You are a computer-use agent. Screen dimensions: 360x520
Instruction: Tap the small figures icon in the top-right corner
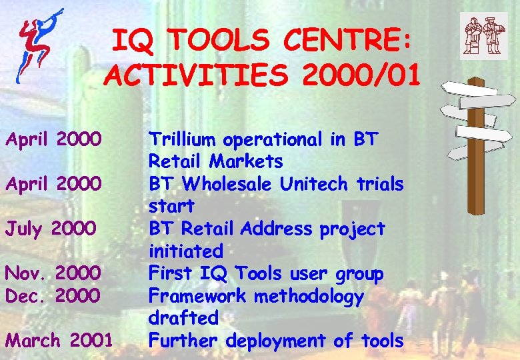[483, 34]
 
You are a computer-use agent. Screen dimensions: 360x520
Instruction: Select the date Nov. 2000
[53, 273]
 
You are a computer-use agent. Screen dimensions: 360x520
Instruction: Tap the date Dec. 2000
[53, 295]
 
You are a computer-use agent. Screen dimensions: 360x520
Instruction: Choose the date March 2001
[59, 341]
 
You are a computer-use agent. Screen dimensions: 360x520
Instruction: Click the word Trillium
[183, 139]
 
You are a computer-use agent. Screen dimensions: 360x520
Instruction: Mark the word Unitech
[303, 184]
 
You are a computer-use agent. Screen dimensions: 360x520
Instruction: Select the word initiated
[185, 251]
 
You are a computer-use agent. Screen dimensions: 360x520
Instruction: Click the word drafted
[183, 318]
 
